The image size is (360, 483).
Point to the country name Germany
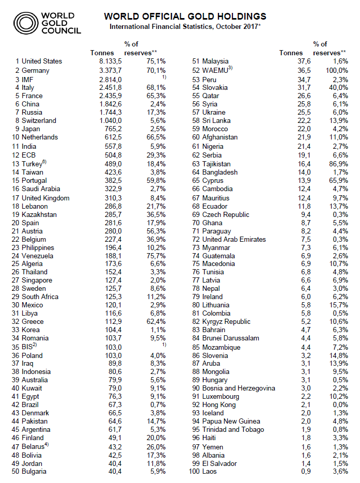(x=36, y=70)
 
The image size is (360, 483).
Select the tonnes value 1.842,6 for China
(x=110, y=104)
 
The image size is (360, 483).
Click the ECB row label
(x=29, y=154)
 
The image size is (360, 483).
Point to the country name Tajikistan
(x=221, y=164)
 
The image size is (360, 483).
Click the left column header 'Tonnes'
(x=102, y=53)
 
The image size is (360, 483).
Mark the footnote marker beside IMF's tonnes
(x=164, y=77)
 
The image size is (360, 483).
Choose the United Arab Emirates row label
(x=234, y=239)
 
